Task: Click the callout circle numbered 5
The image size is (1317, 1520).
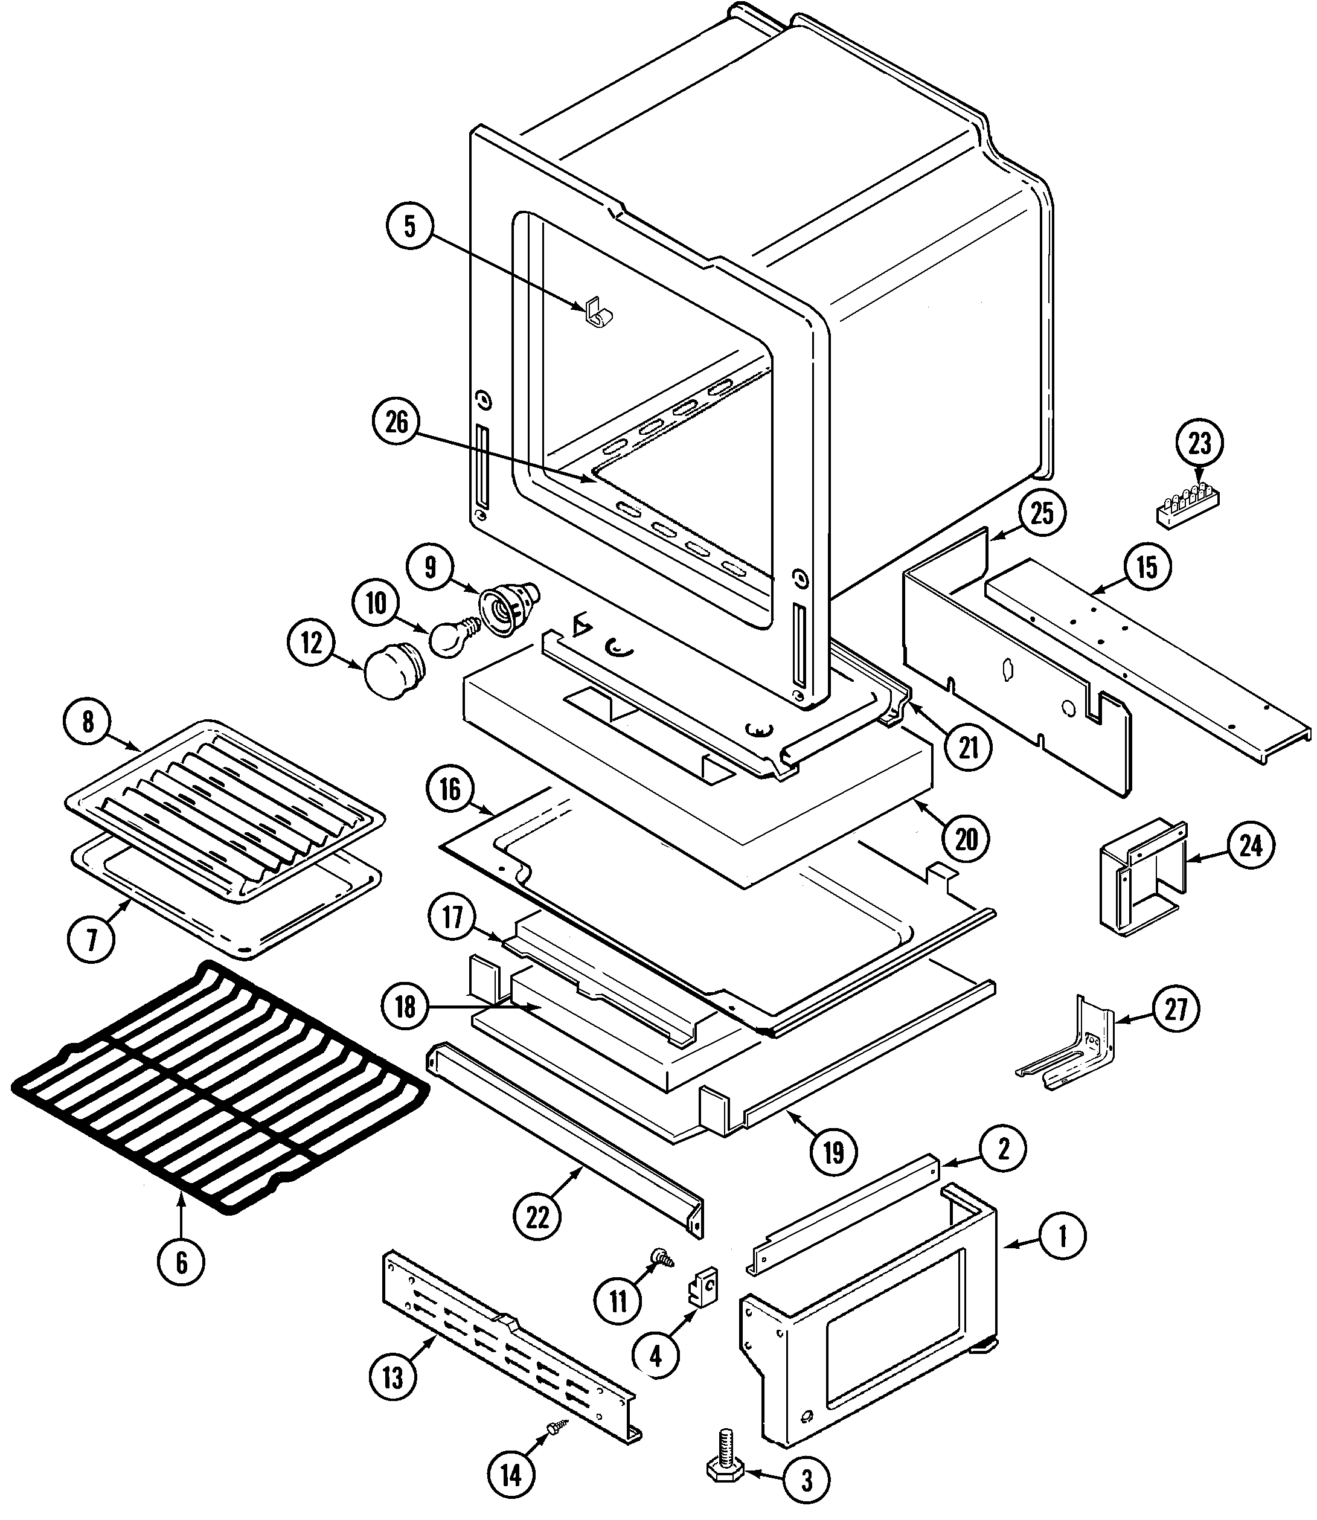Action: [x=409, y=226]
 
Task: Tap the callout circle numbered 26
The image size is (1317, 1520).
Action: [x=396, y=423]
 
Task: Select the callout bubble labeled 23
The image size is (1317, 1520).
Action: [x=1199, y=443]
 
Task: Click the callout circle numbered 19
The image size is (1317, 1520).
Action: [x=833, y=1152]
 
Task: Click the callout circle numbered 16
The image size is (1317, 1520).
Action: [x=450, y=789]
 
